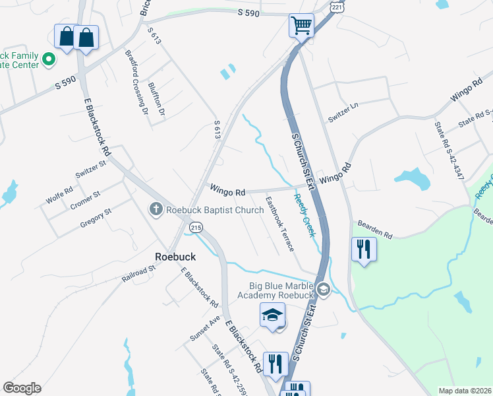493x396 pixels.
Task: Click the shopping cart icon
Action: coord(301,26)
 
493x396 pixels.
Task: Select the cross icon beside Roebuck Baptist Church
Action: coord(156,210)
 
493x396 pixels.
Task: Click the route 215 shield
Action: coord(196,227)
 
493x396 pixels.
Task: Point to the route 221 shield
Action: coord(337,7)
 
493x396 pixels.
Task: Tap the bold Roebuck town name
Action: coord(173,256)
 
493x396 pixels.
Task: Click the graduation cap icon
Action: coord(273,315)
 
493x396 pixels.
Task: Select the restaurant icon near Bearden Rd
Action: coord(364,249)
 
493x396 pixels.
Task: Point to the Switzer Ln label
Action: coord(343,113)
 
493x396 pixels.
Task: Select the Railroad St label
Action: coord(138,274)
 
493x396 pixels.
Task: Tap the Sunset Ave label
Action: coord(205,328)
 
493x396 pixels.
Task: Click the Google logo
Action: coord(22,388)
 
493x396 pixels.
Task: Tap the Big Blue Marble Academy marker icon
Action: coord(323,289)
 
